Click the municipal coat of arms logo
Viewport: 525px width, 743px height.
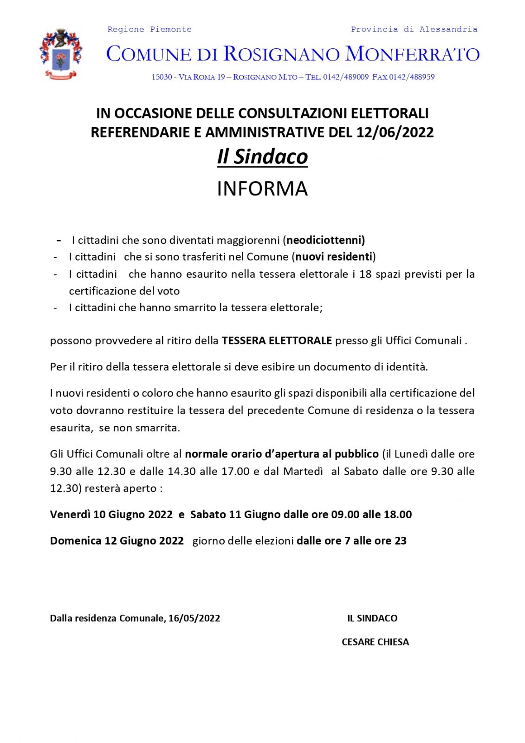point(61,54)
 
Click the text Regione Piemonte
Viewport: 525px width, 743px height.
point(149,29)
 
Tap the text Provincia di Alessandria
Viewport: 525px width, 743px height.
point(414,29)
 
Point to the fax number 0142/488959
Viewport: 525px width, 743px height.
point(412,77)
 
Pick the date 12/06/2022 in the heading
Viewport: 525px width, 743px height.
point(395,132)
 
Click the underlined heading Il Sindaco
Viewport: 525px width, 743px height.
point(262,156)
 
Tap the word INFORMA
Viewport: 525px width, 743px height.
point(262,189)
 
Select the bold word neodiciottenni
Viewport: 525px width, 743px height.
point(325,240)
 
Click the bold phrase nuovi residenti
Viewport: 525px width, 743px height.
point(334,257)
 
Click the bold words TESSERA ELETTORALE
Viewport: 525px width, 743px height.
point(277,340)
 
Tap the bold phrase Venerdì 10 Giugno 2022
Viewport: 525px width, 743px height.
point(111,515)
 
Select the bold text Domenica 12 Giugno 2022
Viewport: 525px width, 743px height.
point(117,541)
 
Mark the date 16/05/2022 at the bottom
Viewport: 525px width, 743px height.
point(194,618)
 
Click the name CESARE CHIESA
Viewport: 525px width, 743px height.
point(375,642)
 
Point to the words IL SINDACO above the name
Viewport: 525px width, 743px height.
point(372,618)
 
